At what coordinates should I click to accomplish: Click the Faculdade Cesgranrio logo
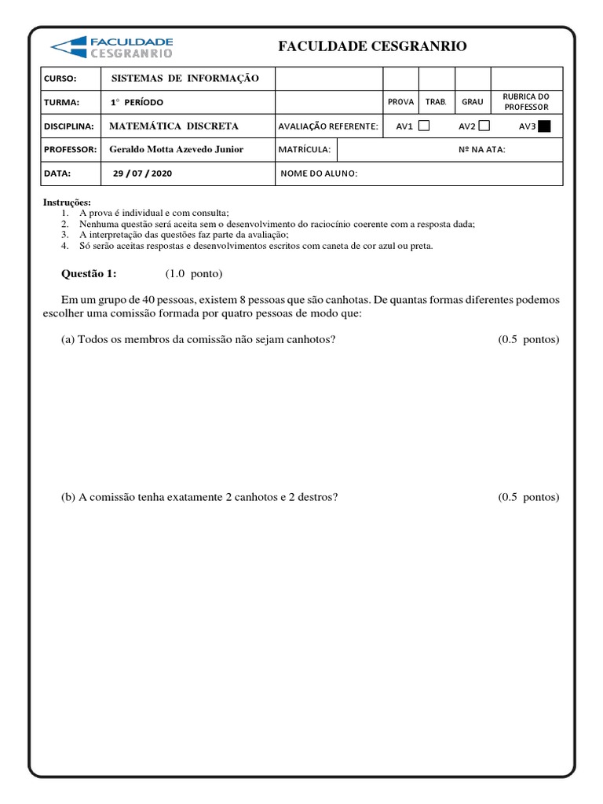pos(111,46)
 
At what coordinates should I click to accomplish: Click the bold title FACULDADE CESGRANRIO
pos(372,47)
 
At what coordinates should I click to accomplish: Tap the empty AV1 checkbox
pos(424,126)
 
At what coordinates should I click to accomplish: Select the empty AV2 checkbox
pos(484,126)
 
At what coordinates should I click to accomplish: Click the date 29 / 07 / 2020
pos(142,174)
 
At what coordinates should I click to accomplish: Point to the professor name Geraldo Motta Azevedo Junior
pos(176,149)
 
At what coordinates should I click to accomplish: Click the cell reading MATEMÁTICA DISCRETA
pos(173,126)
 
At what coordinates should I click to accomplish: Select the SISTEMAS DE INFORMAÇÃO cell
pos(185,79)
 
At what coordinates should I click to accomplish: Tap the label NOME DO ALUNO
pos(319,174)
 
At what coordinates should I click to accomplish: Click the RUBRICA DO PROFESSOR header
pos(526,101)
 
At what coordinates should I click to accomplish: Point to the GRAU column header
pos(473,102)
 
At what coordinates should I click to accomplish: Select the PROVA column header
pos(400,102)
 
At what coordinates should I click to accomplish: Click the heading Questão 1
pos(89,273)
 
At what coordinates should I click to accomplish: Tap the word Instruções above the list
pos(67,203)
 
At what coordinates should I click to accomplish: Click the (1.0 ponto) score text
pos(194,273)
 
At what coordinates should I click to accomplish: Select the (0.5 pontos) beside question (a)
pos(528,339)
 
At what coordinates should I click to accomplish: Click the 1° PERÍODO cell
pos(137,102)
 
